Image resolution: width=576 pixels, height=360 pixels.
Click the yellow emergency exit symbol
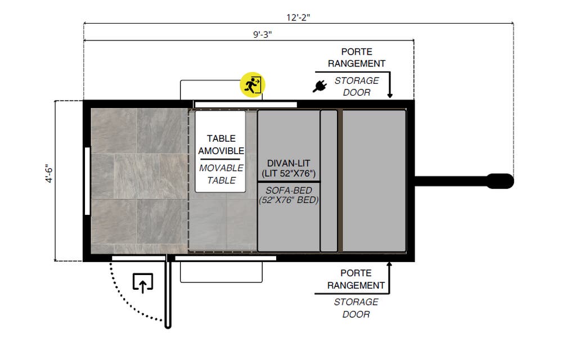[253, 84]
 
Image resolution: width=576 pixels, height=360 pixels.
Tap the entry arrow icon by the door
[143, 282]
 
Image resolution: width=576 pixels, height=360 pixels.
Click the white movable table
[220, 151]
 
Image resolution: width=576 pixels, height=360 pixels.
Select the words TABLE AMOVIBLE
[220, 145]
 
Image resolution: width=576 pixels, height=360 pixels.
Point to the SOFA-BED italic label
[289, 195]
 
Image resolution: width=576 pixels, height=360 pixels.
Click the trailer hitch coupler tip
[501, 181]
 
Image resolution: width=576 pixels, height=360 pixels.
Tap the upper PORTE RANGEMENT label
[357, 57]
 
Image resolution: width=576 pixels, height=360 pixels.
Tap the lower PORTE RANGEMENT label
[356, 280]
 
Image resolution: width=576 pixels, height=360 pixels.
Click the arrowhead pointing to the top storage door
[390, 96]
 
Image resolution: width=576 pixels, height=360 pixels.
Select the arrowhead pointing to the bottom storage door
[390, 264]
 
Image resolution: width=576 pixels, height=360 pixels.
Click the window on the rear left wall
[87, 181]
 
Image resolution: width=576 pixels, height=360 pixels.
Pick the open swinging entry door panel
[168, 292]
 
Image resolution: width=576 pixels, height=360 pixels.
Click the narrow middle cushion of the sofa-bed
[328, 181]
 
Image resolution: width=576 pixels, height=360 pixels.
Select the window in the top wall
[245, 104]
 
